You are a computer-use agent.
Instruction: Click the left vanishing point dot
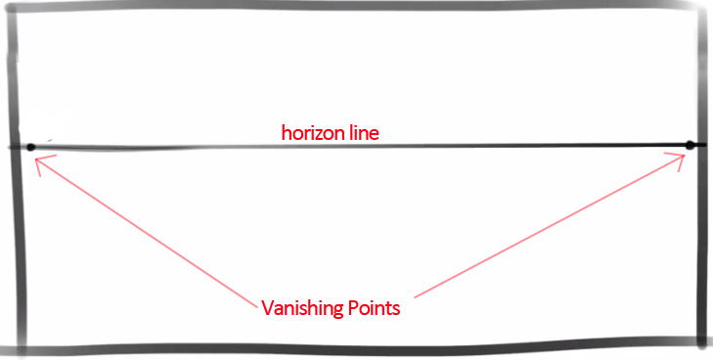coord(31,148)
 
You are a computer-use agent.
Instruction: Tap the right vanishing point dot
coord(690,146)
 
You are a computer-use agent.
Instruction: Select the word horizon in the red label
coord(310,131)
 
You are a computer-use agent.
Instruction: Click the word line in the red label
coord(360,131)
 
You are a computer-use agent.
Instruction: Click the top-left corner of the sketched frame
coord(13,8)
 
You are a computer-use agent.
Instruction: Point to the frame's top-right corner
coord(700,6)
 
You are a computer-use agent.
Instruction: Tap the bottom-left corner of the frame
coord(13,346)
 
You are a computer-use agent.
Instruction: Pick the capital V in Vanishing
coord(267,308)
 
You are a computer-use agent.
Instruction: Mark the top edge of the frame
coord(352,5)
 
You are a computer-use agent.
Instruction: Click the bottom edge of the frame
coord(352,348)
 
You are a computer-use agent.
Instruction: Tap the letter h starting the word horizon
coord(287,131)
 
